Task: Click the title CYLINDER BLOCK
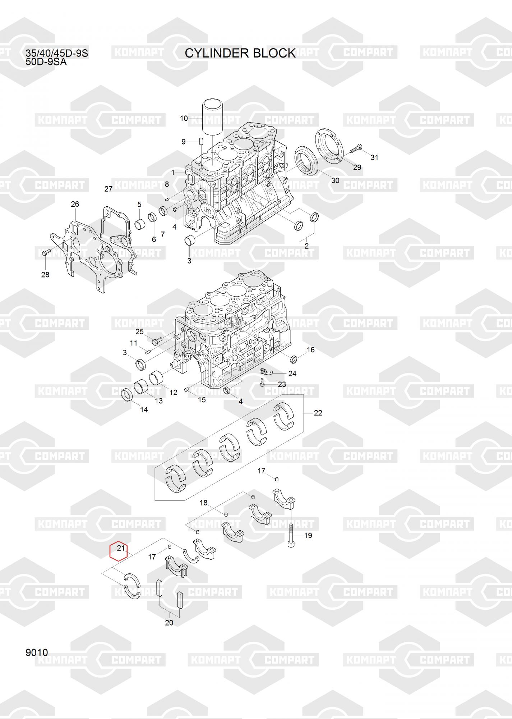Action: [x=240, y=53]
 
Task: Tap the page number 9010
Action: [x=37, y=652]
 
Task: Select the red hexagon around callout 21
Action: [x=119, y=551]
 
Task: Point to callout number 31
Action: [x=374, y=157]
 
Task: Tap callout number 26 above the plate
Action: [x=75, y=204]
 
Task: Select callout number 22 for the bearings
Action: [x=318, y=413]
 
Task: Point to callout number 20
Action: [x=169, y=623]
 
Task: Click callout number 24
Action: [x=292, y=374]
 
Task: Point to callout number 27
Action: [x=109, y=189]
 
